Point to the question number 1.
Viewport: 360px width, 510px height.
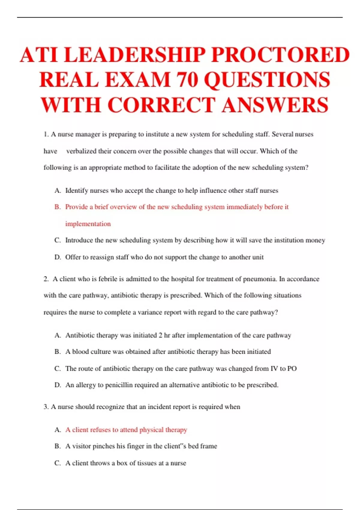46,134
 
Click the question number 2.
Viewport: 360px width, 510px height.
46,279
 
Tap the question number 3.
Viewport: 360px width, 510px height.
46,407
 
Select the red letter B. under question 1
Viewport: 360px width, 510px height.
58,207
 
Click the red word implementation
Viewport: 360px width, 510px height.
88,224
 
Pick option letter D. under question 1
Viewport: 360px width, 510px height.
58,257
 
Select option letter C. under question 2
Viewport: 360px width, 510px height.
58,368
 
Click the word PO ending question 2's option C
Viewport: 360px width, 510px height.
292,368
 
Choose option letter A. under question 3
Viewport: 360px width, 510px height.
58,430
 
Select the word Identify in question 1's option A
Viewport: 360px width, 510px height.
76,191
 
